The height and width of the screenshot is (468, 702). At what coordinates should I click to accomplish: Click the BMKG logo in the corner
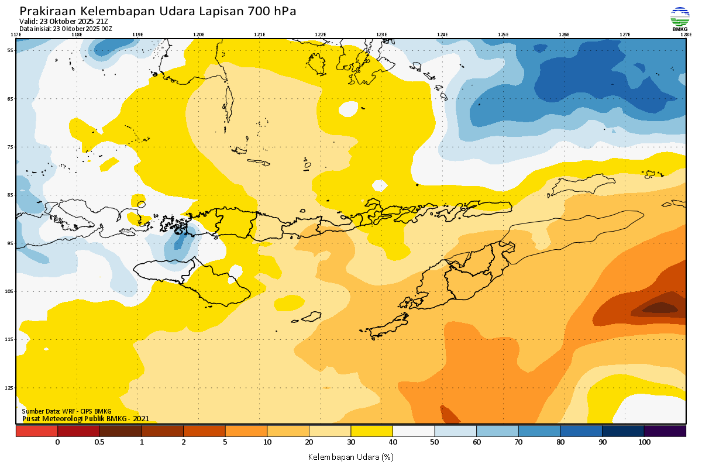click(x=679, y=19)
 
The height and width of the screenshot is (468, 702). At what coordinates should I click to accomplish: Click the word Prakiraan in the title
click(x=47, y=12)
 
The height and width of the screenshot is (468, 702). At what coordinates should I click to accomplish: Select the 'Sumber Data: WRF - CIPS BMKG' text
click(x=67, y=412)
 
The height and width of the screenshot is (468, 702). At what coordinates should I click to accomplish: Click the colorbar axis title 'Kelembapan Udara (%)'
click(x=350, y=456)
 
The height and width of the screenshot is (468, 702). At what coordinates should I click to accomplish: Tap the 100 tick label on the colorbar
click(x=644, y=442)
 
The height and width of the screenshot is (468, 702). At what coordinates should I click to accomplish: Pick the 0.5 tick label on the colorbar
click(x=99, y=442)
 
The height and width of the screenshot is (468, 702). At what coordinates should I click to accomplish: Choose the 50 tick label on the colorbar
click(x=435, y=442)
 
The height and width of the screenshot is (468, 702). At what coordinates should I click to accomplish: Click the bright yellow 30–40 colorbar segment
click(x=371, y=431)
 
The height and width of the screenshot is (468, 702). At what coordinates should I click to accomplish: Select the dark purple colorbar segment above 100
click(x=665, y=431)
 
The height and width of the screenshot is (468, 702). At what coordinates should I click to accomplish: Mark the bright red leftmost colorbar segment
click(x=36, y=431)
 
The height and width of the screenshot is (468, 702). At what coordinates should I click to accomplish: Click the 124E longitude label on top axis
click(x=442, y=35)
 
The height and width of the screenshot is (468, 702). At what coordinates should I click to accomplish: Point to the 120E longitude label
click(x=199, y=35)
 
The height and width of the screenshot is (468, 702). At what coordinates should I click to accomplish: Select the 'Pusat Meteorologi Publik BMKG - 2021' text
click(x=85, y=419)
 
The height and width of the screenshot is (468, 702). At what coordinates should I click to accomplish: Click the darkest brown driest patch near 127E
click(x=660, y=307)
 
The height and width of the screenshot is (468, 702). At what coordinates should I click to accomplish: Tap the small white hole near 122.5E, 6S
click(x=349, y=109)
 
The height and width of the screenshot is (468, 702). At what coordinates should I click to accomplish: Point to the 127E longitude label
click(x=625, y=35)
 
